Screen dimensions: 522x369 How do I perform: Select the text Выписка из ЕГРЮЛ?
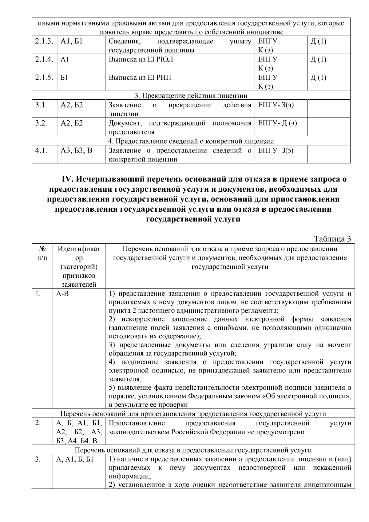click(141, 59)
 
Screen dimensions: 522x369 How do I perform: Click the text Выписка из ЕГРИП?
click(140, 78)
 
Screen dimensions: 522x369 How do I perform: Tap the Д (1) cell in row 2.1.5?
click(319, 78)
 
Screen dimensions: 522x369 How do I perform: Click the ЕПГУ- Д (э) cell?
click(277, 123)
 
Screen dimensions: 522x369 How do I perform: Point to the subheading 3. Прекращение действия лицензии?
click(191, 95)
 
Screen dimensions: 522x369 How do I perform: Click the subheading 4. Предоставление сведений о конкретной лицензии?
click(191, 141)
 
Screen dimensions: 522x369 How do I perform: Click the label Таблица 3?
click(332, 239)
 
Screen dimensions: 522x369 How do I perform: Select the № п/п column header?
click(42, 253)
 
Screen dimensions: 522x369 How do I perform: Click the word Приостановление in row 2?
click(137, 423)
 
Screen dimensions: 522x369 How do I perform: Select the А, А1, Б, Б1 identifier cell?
click(75, 460)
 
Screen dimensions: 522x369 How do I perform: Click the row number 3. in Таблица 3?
click(38, 460)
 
